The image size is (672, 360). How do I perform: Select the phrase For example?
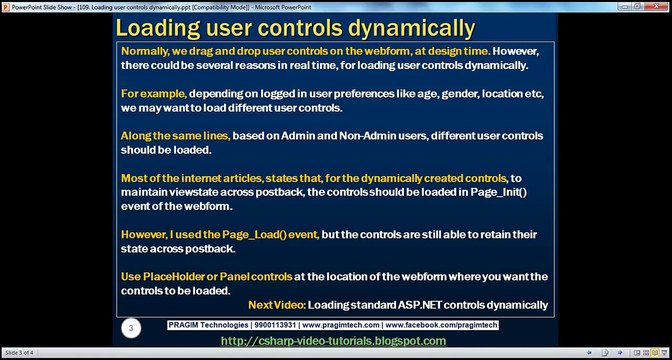pyautogui.click(x=151, y=93)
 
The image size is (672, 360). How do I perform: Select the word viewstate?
pyautogui.click(x=191, y=194)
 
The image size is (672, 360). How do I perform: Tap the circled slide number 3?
pyautogui.click(x=128, y=327)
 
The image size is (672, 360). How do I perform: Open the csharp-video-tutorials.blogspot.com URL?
pyautogui.click(x=333, y=341)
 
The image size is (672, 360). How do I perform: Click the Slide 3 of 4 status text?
pyautogui.click(x=20, y=354)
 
